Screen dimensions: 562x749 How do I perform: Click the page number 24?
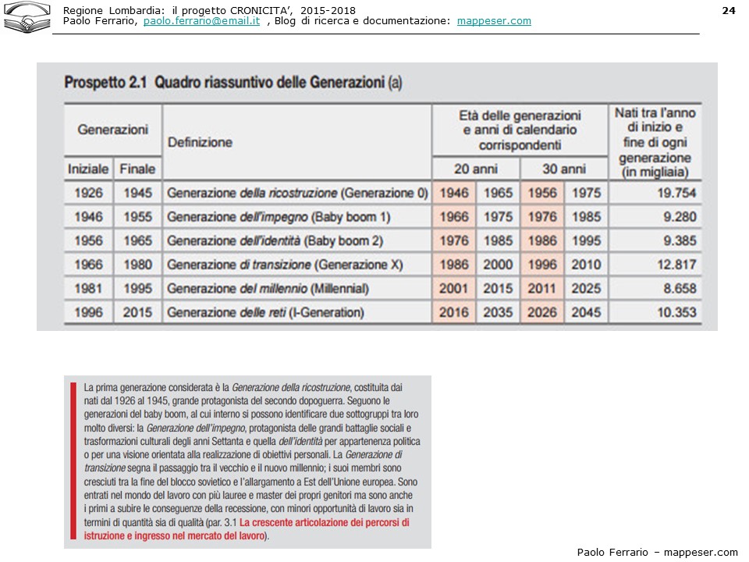point(729,10)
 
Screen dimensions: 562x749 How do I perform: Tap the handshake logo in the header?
point(27,16)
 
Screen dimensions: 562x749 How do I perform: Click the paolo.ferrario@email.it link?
point(201,21)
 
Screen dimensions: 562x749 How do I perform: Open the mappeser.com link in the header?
point(494,21)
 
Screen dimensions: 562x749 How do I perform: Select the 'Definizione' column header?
point(200,142)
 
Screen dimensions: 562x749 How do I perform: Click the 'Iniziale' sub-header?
point(88,169)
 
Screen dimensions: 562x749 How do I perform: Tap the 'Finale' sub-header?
point(137,169)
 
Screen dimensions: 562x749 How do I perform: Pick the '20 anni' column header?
point(475,169)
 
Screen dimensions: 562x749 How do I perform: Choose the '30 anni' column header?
point(563,169)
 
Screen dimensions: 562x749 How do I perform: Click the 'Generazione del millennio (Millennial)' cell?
point(268,289)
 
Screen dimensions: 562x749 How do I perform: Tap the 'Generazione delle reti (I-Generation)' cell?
point(265,313)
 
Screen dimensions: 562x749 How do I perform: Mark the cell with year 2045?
point(586,313)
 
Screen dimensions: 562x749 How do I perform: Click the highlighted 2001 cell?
point(454,289)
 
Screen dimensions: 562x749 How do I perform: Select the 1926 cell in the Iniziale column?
point(88,193)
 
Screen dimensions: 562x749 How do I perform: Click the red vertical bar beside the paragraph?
point(73,461)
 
